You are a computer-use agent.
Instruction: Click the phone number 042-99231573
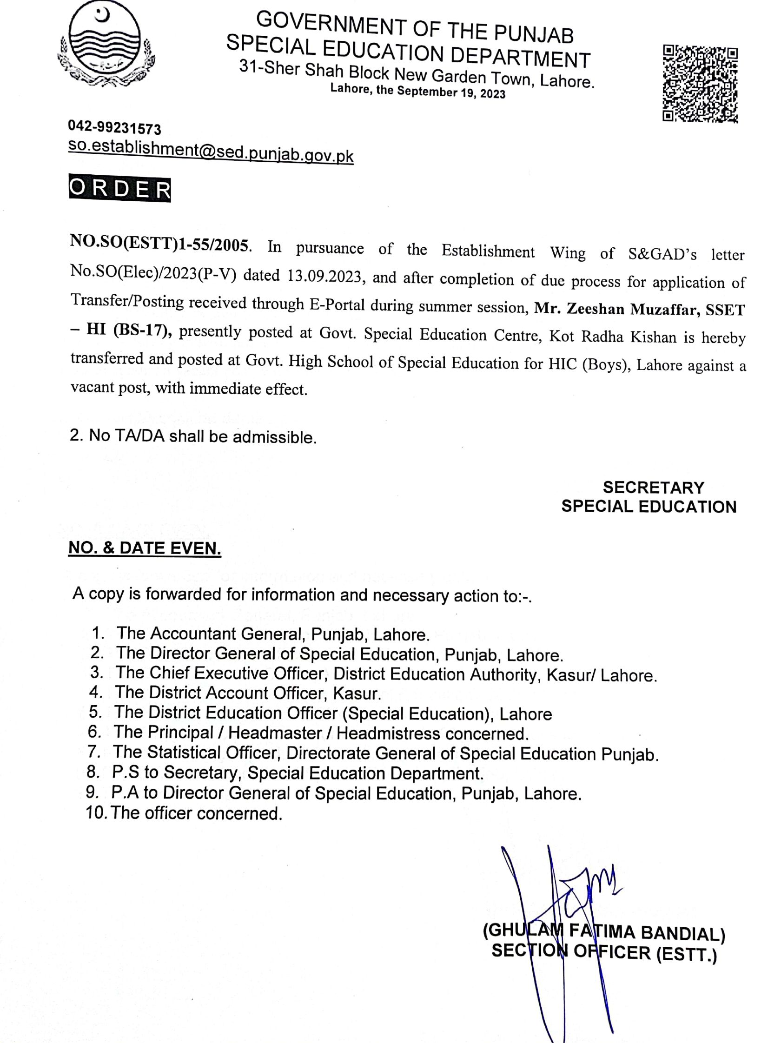[x=115, y=127]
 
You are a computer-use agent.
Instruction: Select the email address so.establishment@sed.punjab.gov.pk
[x=210, y=152]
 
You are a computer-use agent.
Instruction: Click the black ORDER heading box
[x=119, y=189]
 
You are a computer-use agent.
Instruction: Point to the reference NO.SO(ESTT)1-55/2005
[x=159, y=244]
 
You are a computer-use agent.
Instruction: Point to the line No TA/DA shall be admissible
[x=192, y=436]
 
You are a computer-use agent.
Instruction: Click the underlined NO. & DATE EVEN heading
[x=145, y=548]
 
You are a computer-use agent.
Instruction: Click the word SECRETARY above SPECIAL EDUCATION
[x=653, y=487]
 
